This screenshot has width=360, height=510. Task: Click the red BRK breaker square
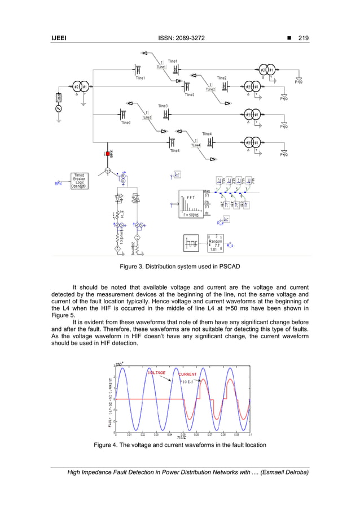tap(107, 154)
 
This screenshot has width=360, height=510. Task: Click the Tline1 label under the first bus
tap(141, 79)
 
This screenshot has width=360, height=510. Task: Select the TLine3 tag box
tap(146, 117)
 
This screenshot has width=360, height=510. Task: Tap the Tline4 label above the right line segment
tap(207, 134)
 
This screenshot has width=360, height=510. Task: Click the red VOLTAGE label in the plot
tap(156, 373)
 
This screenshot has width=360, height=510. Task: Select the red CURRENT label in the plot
tap(187, 374)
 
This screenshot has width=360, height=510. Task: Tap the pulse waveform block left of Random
tap(192, 243)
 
